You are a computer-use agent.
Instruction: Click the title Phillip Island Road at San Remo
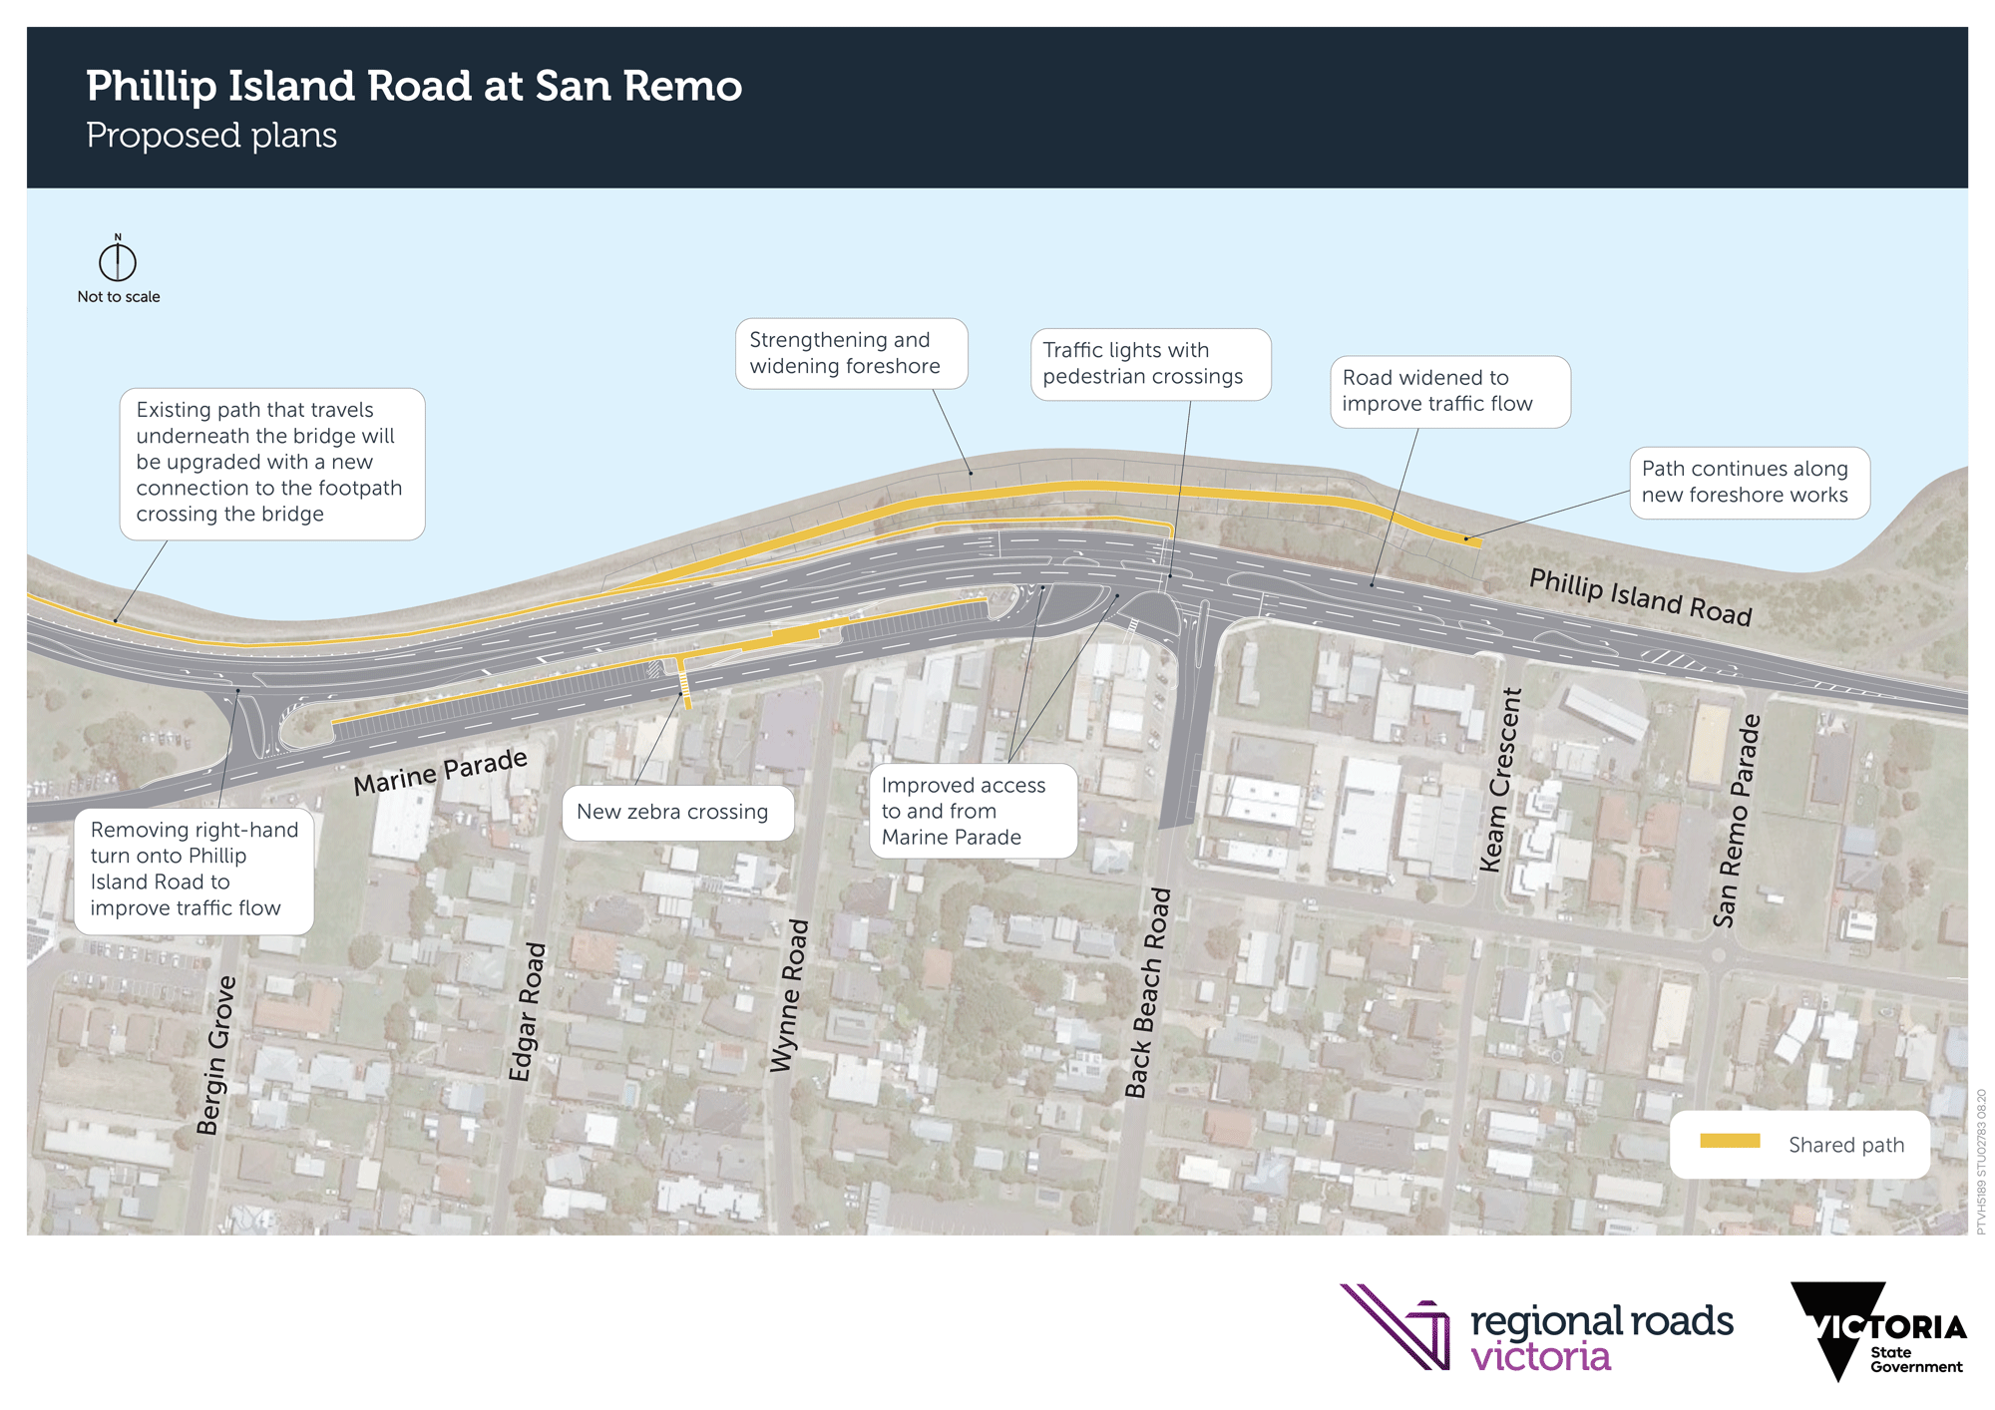click(414, 86)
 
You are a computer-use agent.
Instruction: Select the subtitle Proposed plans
click(211, 136)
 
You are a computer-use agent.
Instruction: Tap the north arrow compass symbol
click(118, 261)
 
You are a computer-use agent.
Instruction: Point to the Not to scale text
click(119, 297)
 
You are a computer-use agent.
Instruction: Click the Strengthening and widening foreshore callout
click(851, 353)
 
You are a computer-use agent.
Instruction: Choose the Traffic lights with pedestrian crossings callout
click(1150, 364)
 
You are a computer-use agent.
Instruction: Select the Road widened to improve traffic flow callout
click(1449, 391)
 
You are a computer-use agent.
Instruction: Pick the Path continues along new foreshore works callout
click(1749, 482)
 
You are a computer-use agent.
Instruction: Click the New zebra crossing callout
click(677, 812)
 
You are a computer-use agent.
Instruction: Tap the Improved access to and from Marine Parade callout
click(973, 811)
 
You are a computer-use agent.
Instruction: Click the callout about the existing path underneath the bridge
click(271, 463)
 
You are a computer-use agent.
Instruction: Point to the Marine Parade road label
click(440, 772)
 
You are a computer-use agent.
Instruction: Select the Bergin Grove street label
click(216, 1055)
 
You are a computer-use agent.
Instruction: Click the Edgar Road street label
click(527, 1011)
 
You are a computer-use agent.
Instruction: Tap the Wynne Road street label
click(789, 995)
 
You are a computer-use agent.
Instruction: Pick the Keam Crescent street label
click(1500, 780)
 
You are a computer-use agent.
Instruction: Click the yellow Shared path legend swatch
click(1730, 1142)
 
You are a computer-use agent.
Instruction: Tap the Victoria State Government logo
click(1876, 1330)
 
